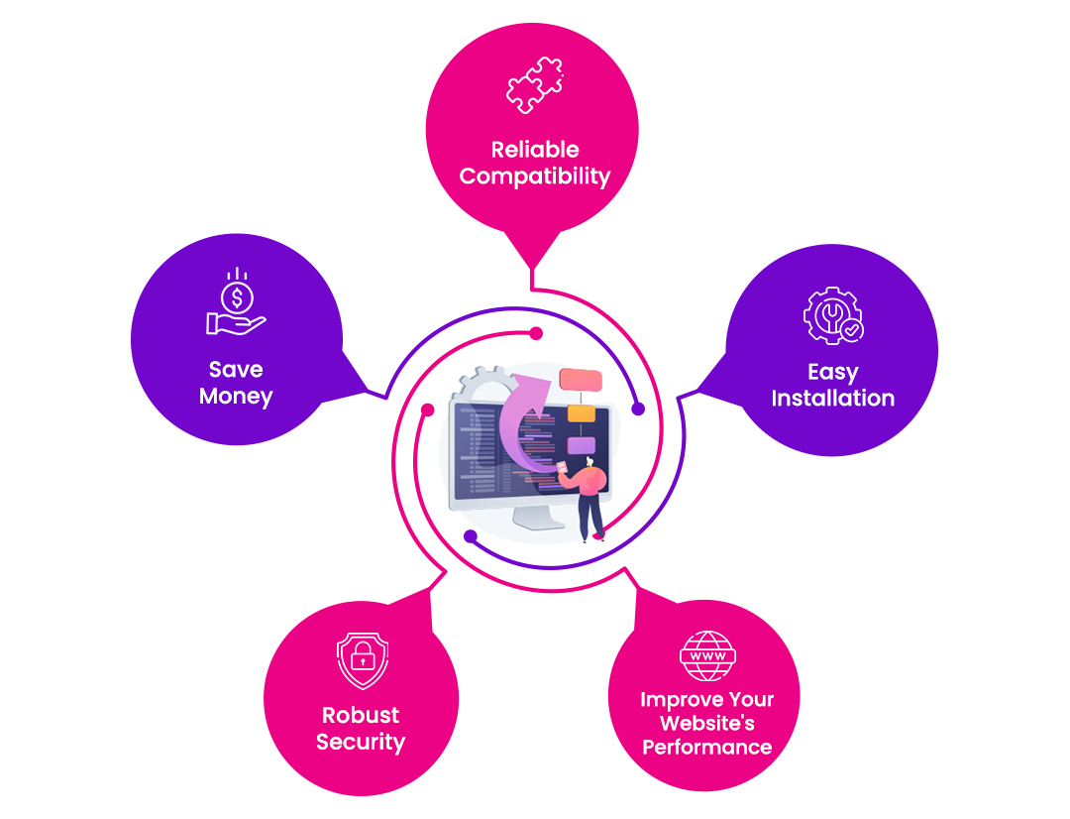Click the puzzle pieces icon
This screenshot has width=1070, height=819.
tap(534, 85)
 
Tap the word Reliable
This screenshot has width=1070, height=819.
tap(535, 150)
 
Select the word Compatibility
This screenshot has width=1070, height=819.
tap(535, 176)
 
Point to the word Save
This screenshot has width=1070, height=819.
tap(236, 369)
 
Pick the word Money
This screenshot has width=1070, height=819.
tap(236, 396)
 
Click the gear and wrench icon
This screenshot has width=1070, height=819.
tap(832, 315)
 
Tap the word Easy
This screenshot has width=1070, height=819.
tap(832, 372)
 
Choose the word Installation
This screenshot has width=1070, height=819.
tap(832, 399)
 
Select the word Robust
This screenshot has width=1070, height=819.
tap(361, 715)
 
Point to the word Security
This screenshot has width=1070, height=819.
tap(361, 742)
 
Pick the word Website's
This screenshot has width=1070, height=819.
tap(706, 723)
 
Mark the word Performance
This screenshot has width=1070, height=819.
tap(706, 747)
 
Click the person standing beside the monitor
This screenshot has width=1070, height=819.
tap(590, 495)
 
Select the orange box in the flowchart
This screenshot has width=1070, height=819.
tap(581, 411)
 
